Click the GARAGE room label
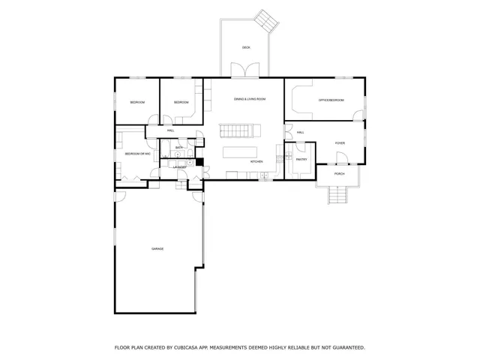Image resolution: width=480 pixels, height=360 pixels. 157,249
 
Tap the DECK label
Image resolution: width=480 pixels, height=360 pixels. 246,47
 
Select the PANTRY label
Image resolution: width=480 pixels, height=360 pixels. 301,160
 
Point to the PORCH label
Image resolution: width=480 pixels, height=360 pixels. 340,174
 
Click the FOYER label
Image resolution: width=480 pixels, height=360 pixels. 340,142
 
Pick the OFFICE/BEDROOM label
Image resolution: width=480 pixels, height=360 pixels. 331,100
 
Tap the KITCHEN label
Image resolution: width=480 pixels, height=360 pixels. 256,161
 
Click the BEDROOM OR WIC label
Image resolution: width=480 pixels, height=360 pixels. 138,154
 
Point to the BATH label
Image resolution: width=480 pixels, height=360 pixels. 179,148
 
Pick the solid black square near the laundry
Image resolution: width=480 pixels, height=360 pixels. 200,161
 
